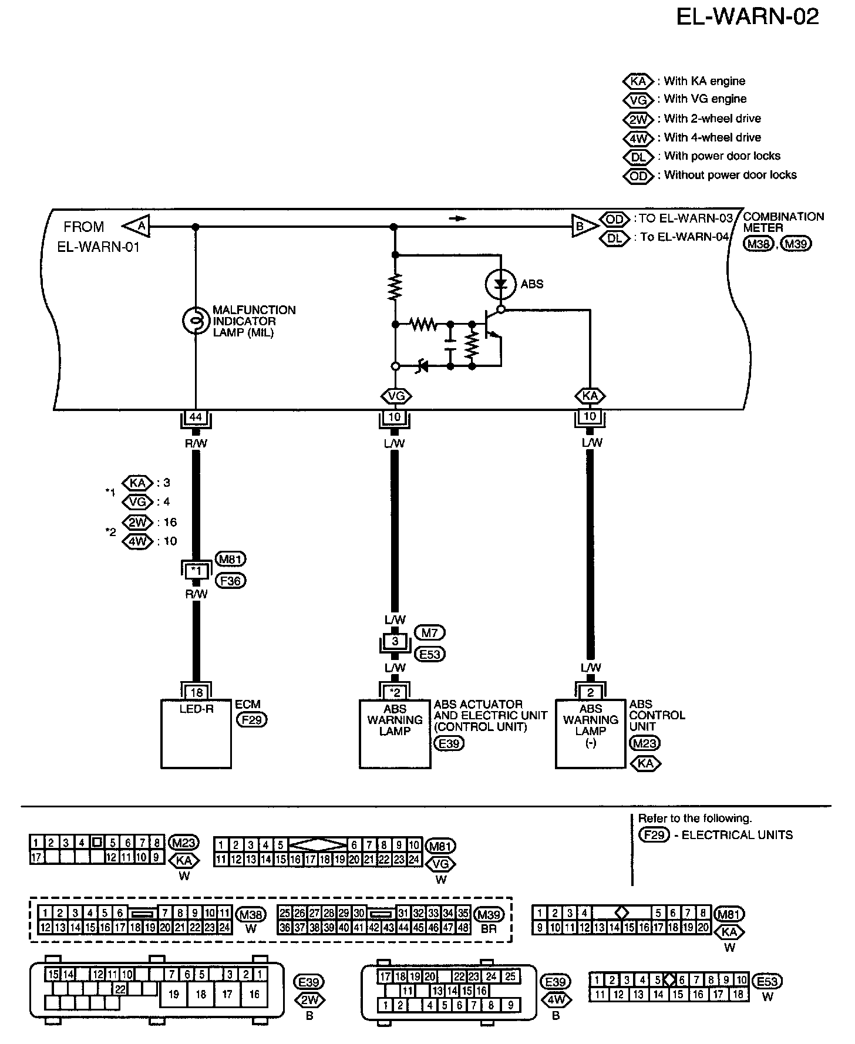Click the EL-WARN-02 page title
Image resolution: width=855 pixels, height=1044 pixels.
pyautogui.click(x=748, y=16)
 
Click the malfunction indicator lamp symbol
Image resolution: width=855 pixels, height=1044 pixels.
pyautogui.click(x=196, y=321)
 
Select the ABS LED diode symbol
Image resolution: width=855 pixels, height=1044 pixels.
pyautogui.click(x=500, y=284)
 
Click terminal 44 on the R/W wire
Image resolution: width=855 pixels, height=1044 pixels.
pyautogui.click(x=196, y=417)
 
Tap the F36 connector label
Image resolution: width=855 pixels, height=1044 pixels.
pyautogui.click(x=230, y=581)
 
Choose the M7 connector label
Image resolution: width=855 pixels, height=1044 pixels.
pyautogui.click(x=430, y=632)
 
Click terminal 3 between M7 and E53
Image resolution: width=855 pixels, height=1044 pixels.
pyautogui.click(x=395, y=642)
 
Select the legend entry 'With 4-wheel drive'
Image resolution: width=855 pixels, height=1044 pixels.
pyautogui.click(x=712, y=137)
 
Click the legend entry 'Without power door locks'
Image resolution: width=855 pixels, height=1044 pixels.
pyautogui.click(x=730, y=175)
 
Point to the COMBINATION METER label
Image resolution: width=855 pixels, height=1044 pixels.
pyautogui.click(x=783, y=222)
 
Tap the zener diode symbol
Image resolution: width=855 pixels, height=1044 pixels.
pyautogui.click(x=422, y=366)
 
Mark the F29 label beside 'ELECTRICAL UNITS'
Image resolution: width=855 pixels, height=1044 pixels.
pyautogui.click(x=654, y=834)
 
